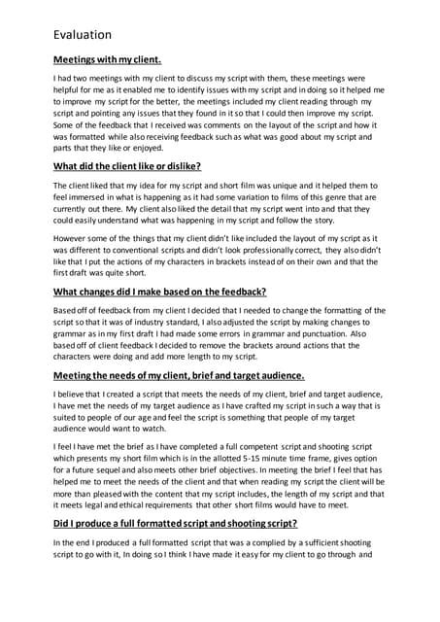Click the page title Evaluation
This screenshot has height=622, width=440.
coord(83,36)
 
